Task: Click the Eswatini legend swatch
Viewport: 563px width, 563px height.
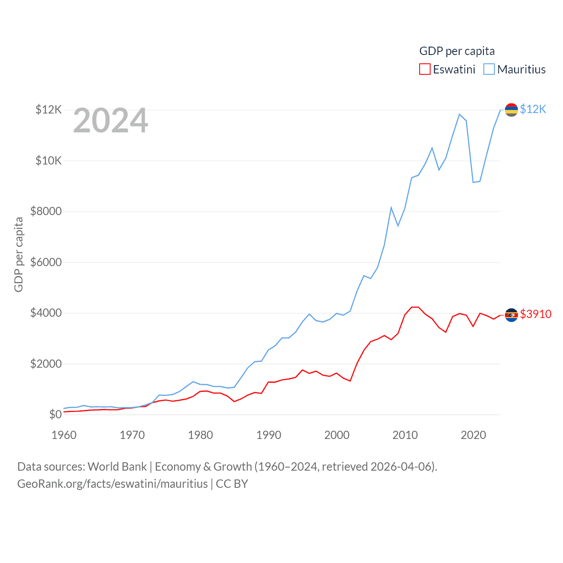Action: [x=424, y=69]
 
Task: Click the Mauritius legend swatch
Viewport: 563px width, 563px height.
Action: [x=489, y=69]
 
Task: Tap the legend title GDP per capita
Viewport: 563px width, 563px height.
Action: [x=457, y=51]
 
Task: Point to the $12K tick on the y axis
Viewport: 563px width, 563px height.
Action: [x=49, y=110]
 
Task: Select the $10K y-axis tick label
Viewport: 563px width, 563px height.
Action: [x=49, y=161]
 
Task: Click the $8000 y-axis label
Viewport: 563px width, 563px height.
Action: [x=46, y=212]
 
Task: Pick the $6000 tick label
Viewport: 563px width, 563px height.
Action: [x=46, y=263]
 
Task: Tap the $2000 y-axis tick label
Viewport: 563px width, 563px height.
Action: [x=46, y=364]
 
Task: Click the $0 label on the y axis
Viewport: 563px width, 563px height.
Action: [x=55, y=415]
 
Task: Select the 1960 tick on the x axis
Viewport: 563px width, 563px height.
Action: [x=64, y=435]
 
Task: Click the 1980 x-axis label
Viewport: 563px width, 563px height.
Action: [x=201, y=435]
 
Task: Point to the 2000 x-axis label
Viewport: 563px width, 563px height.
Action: [x=337, y=435]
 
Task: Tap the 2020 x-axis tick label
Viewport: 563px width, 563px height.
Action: [x=473, y=435]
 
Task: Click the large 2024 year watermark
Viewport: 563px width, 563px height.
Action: [x=111, y=121]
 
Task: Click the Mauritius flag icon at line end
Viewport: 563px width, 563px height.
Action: [x=511, y=110]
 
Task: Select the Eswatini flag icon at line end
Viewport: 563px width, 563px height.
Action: [x=511, y=315]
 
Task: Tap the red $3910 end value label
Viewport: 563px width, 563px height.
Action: [x=536, y=314]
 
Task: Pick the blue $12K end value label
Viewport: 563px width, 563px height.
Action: [x=533, y=110]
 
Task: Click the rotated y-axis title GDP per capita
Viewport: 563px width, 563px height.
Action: [x=19, y=254]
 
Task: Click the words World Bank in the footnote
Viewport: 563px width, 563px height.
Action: [x=117, y=467]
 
